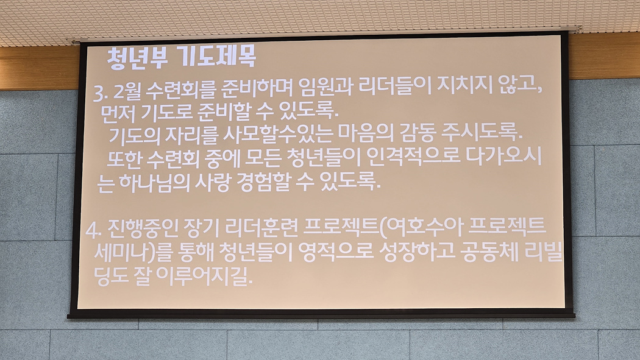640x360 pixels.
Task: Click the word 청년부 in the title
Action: pos(137,57)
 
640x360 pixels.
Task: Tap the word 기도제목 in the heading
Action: pos(218,56)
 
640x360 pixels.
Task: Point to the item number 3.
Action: pos(100,93)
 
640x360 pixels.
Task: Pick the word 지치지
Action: pos(464,86)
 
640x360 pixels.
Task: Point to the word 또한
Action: pos(123,159)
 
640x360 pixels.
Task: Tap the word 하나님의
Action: pos(154,183)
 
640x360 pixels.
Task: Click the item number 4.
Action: pos(93,231)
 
